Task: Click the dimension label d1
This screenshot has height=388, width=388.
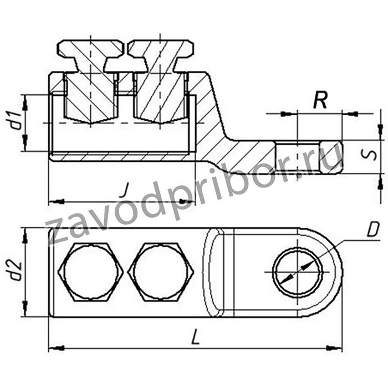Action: click(x=17, y=121)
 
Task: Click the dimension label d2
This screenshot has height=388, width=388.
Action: click(x=17, y=270)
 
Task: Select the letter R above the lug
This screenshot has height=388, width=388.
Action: click(x=320, y=100)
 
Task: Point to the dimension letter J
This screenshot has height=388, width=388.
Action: click(x=125, y=190)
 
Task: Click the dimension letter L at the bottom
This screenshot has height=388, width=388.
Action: click(x=196, y=336)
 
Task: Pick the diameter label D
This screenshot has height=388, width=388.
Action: click(x=373, y=229)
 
